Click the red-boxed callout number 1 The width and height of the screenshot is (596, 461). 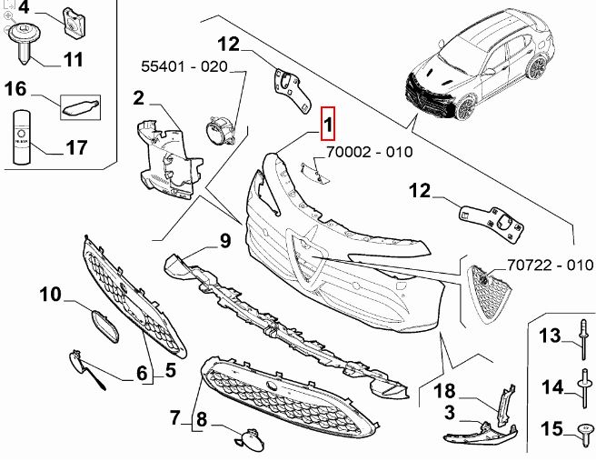tap(328, 124)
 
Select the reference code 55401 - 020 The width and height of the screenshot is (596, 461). tap(184, 66)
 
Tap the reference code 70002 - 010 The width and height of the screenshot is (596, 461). tap(370, 152)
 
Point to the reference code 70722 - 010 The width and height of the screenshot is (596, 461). tap(551, 265)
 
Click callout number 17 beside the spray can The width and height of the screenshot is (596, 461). tap(76, 147)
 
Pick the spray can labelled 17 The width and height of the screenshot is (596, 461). tap(21, 137)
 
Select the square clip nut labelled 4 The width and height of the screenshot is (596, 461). tap(74, 23)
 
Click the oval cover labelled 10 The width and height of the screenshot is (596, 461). tap(104, 326)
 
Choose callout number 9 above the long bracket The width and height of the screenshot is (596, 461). tap(225, 240)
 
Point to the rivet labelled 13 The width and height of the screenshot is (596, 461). tap(583, 340)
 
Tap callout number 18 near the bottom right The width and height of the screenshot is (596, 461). tap(444, 391)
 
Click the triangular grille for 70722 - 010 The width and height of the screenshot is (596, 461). tap(489, 294)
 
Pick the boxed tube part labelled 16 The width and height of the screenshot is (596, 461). tap(81, 107)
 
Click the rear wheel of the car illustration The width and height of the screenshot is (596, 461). tap(535, 67)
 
